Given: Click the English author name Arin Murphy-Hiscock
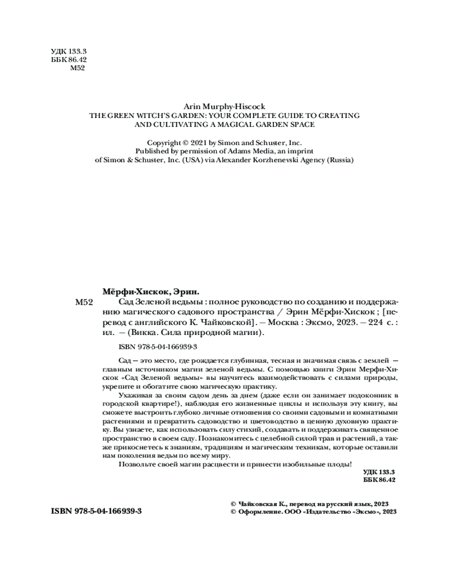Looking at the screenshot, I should (224, 105).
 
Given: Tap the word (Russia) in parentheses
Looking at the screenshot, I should (340, 160).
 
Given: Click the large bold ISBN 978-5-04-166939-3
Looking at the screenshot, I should (96, 513).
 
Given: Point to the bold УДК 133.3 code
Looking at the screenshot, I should (379, 472).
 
